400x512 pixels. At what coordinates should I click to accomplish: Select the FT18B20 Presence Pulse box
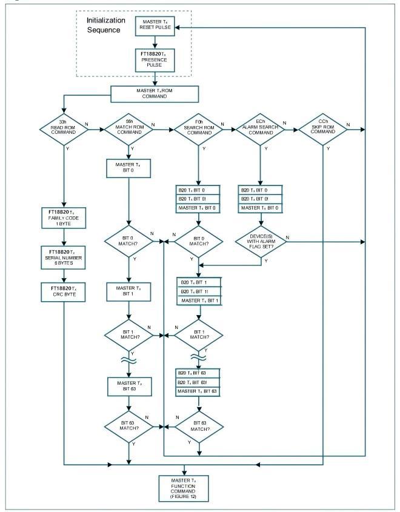click(156, 61)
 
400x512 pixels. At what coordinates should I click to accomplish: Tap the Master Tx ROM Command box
click(155, 94)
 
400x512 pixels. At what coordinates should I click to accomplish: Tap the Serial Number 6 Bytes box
click(63, 254)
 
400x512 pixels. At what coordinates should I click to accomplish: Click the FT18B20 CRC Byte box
click(63, 291)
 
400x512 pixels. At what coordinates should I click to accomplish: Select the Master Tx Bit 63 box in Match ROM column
click(128, 385)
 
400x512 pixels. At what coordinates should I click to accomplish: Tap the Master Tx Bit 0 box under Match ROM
click(128, 167)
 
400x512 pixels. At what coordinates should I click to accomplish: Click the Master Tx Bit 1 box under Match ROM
click(128, 291)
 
